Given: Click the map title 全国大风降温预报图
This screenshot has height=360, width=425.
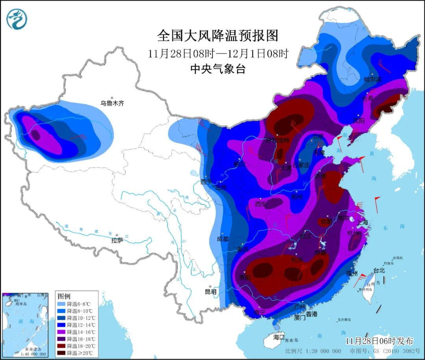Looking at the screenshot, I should (218, 36).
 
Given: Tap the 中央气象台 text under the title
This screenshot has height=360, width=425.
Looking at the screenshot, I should (218, 69).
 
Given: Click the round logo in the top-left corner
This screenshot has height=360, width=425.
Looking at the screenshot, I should (17, 19).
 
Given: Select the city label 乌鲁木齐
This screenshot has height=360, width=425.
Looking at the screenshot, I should (112, 104).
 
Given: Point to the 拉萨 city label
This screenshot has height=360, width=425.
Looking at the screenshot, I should (117, 240).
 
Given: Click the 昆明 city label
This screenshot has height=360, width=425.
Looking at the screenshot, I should (211, 292).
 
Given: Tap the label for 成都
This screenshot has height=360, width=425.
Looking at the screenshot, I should (223, 239).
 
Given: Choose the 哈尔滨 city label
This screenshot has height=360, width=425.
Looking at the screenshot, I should (373, 79).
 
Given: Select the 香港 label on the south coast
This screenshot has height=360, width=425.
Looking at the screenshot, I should (311, 314).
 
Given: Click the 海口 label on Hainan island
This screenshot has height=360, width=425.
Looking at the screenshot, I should (279, 337).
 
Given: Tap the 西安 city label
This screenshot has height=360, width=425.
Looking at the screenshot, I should (261, 204).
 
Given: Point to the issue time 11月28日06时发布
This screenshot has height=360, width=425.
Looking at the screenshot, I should (379, 341).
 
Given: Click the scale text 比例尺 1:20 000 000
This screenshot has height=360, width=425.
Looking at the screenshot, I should (313, 351).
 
